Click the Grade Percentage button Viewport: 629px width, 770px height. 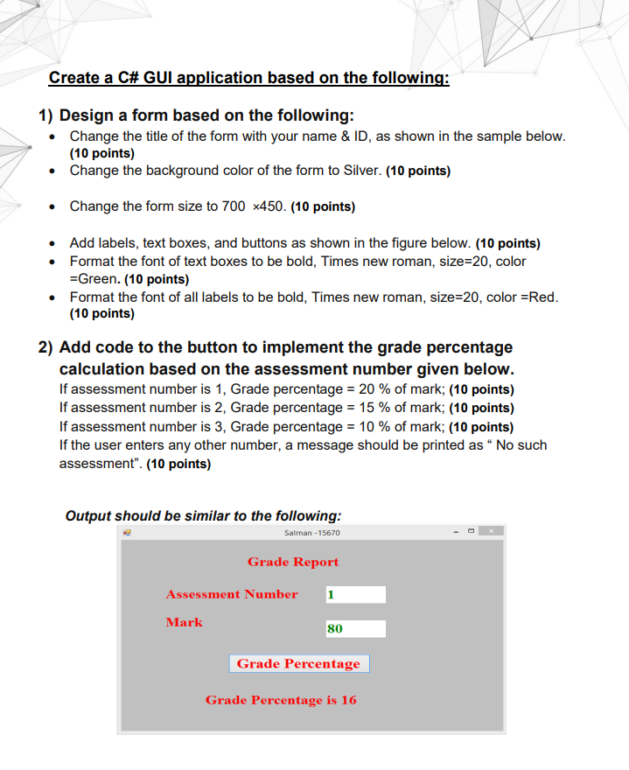pyautogui.click(x=299, y=663)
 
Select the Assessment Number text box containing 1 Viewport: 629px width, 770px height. pyautogui.click(x=355, y=595)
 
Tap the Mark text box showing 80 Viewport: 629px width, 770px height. pyautogui.click(x=355, y=628)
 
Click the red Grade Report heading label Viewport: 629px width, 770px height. pyautogui.click(x=292, y=562)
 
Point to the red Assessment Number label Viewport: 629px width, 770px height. pyautogui.click(x=232, y=594)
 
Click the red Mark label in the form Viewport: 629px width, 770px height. pyautogui.click(x=184, y=622)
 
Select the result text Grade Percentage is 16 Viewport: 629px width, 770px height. pyautogui.click(x=281, y=700)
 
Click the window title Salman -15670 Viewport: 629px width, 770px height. pyautogui.click(x=312, y=532)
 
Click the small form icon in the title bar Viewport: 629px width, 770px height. pyautogui.click(x=128, y=532)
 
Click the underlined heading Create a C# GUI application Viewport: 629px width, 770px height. pyautogui.click(x=248, y=78)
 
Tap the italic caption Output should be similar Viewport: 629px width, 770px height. pyautogui.click(x=203, y=515)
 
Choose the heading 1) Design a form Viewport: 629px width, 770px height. pyautogui.click(x=196, y=115)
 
